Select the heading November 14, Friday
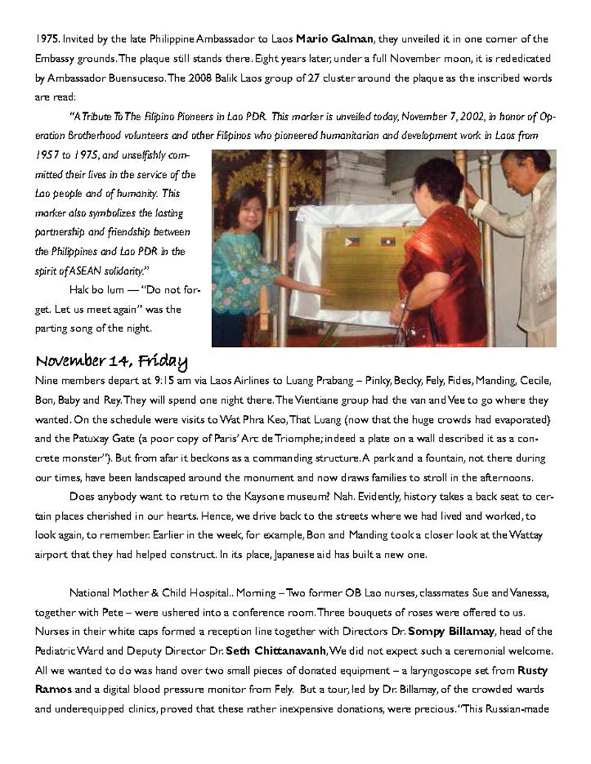111,362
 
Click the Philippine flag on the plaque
353,241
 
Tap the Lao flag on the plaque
387,241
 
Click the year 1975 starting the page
46,39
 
